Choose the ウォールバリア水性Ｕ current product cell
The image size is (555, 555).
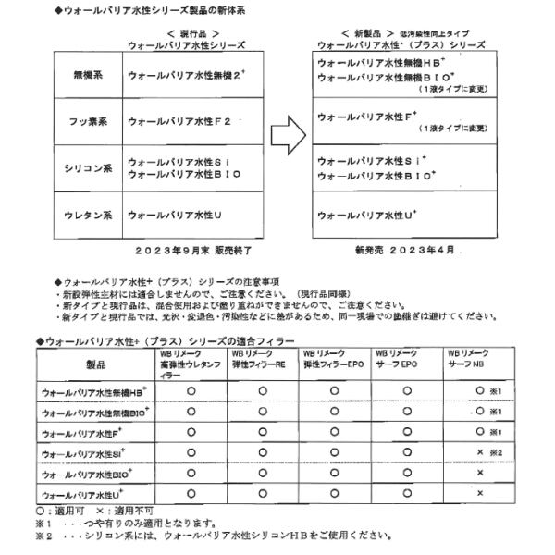177,216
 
